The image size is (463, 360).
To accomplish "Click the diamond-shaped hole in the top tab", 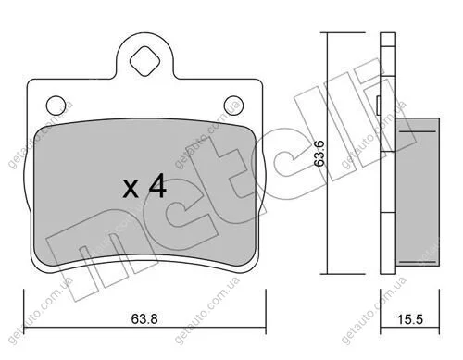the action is tap(144, 61).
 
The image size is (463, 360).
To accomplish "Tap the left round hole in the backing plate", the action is tap(56, 106).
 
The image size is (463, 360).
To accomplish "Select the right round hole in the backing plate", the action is tap(233, 106).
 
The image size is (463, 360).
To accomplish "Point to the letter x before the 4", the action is tap(131, 189).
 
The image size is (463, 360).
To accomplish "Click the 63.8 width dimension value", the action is tap(144, 318).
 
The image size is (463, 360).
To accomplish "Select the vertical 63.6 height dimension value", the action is tap(319, 154).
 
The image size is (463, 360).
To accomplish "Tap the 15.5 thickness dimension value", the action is tap(409, 319).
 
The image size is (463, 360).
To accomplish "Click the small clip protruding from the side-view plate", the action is tap(378, 105).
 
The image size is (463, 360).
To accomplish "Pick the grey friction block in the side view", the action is tap(418, 192).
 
